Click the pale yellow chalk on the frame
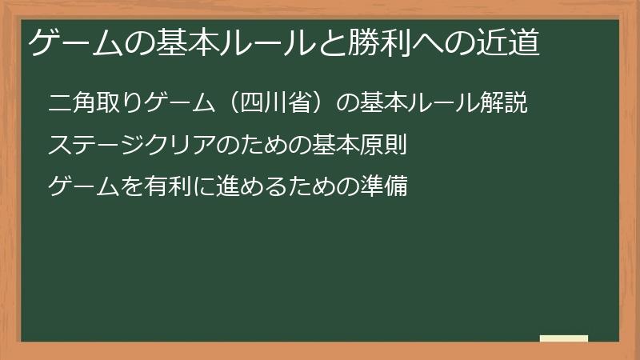coord(564,338)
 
